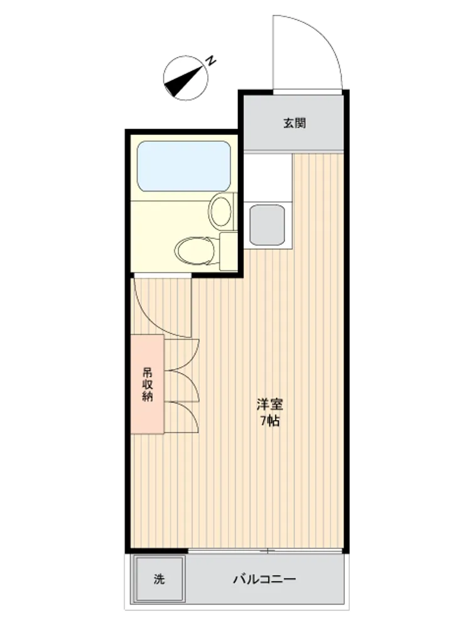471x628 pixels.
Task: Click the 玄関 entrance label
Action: (x=295, y=123)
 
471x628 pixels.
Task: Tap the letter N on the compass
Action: (x=210, y=60)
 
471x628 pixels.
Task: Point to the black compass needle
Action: (x=182, y=82)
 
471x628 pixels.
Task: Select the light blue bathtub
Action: (x=184, y=166)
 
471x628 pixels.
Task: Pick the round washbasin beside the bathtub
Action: (x=222, y=210)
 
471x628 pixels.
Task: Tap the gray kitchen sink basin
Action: (x=267, y=225)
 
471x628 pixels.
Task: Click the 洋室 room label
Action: (x=269, y=404)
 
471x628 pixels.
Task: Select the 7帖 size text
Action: (x=269, y=421)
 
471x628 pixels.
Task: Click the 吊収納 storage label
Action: (x=148, y=384)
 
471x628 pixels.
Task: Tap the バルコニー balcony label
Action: (x=264, y=579)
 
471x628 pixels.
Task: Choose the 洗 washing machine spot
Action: (x=159, y=579)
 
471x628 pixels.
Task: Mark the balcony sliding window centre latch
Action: (x=267, y=551)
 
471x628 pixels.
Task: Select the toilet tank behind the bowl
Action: (x=228, y=251)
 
